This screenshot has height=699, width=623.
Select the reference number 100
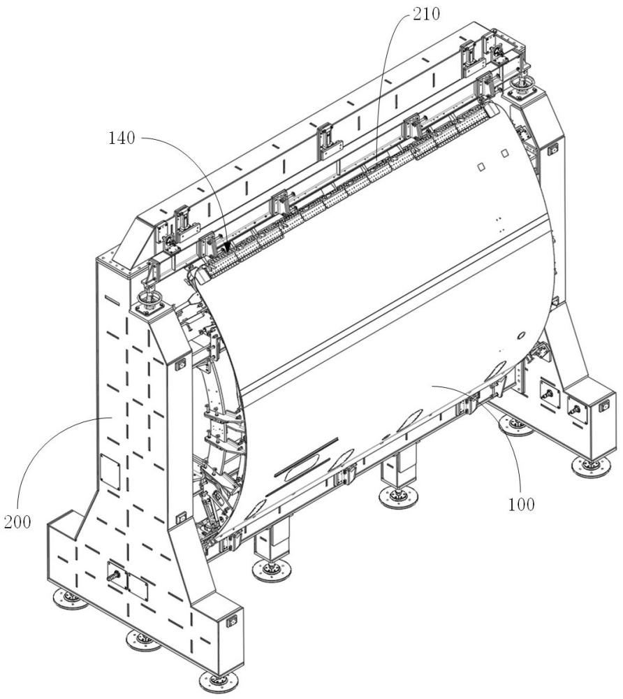click(x=521, y=503)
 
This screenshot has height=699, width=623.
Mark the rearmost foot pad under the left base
click(x=69, y=598)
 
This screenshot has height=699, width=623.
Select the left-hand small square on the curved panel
click(x=481, y=166)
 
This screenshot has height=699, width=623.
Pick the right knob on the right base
click(x=576, y=411)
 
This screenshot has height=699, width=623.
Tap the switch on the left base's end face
click(x=233, y=620)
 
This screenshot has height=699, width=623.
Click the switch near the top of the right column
click(x=553, y=148)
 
